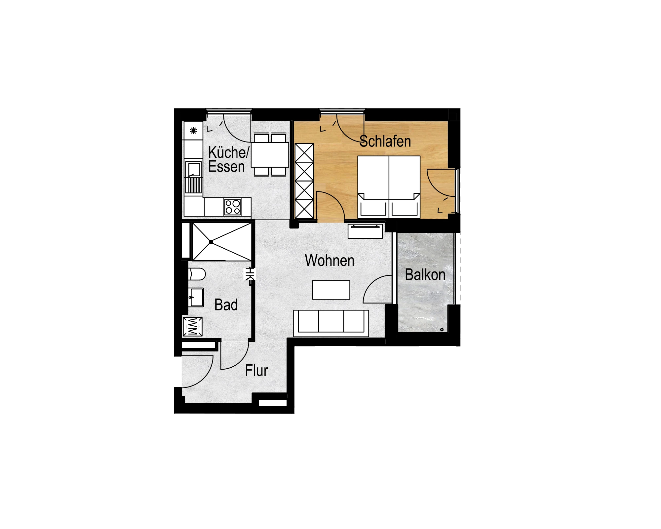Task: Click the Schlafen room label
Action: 385,142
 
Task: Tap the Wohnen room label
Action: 330,261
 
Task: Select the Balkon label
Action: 425,275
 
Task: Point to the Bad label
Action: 226,305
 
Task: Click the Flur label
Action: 256,371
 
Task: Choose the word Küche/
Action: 229,152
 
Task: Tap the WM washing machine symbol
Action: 192,327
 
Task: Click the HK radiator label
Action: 250,274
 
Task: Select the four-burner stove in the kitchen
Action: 232,207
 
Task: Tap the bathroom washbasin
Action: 196,297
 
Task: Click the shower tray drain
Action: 211,242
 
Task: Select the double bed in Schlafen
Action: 389,187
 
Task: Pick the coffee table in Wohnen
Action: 331,290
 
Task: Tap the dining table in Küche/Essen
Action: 270,155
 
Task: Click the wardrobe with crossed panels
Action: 304,181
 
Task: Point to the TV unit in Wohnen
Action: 365,231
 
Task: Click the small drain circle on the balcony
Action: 442,330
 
